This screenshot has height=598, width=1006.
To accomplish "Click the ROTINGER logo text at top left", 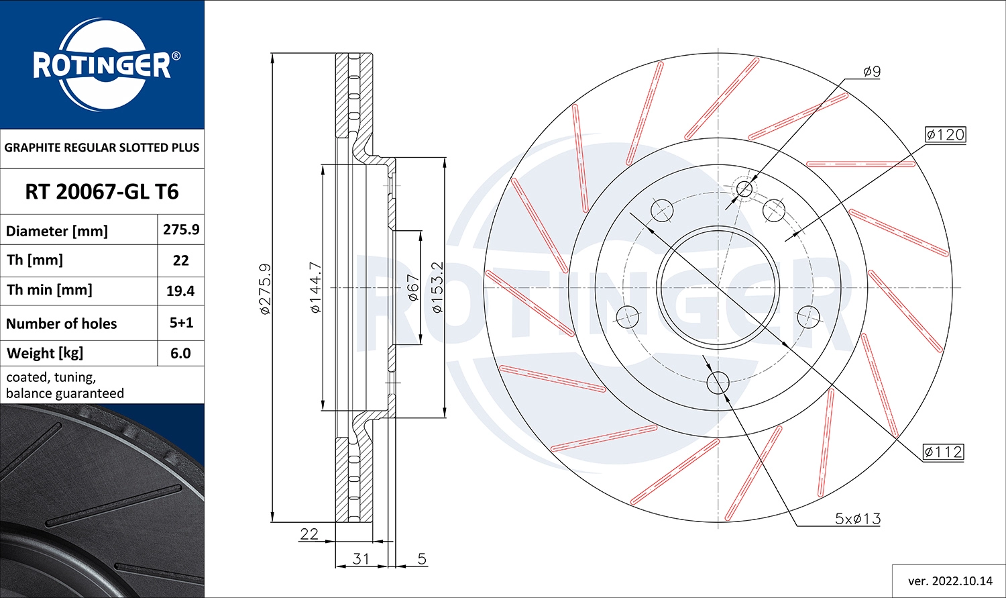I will point(102,65).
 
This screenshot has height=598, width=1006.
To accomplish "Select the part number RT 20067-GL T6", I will point(102,192).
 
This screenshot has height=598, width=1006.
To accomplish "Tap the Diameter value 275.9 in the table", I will point(181,230).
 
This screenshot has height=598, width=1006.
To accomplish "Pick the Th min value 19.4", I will point(180,291).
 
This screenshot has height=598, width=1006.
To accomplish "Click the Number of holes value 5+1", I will point(181,323).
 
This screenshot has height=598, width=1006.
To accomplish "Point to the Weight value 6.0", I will point(180,353).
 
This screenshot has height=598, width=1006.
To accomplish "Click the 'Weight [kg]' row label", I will point(45,353).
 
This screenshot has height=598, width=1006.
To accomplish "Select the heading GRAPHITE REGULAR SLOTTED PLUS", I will point(102,148).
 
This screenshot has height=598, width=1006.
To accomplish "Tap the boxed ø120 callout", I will point(945,134).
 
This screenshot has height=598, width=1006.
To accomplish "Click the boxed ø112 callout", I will point(943,452).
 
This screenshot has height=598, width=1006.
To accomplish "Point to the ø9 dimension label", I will point(871,71).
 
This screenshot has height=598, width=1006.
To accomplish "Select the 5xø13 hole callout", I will point(857,518).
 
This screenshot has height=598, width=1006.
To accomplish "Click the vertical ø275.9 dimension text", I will point(266,289).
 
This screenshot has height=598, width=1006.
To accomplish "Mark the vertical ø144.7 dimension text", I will point(316,287).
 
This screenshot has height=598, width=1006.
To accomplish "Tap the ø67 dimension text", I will point(413,287).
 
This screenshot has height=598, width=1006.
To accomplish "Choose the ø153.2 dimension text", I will point(437,287).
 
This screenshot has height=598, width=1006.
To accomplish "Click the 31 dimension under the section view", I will point(361,558).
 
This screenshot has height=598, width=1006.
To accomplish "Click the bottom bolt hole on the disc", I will point(718,383).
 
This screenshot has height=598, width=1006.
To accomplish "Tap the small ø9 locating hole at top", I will point(744,189).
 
